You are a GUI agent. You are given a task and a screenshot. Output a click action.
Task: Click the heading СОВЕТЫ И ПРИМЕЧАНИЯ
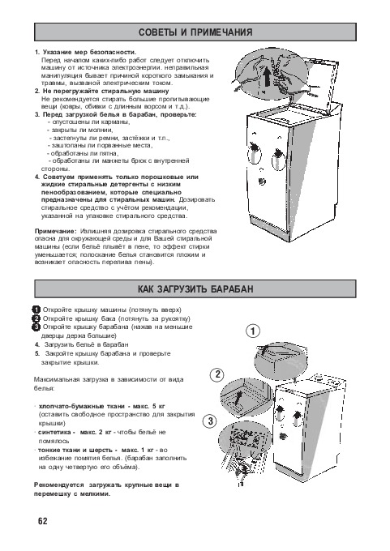pyautogui.click(x=195, y=32)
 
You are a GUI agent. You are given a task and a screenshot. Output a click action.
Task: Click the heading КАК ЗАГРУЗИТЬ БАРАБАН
pyautogui.click(x=195, y=289)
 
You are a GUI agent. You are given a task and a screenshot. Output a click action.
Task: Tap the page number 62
pyautogui.click(x=42, y=521)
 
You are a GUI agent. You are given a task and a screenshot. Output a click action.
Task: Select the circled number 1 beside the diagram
pyautogui.click(x=252, y=331)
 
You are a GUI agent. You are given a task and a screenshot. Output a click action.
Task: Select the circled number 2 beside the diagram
pyautogui.click(x=217, y=374)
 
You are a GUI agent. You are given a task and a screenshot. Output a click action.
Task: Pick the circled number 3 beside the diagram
pyautogui.click(x=210, y=421)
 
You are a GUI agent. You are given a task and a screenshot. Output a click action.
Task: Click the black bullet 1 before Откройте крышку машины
pyautogui.click(x=36, y=310)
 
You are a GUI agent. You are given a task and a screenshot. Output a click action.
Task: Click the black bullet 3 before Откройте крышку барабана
pyautogui.click(x=36, y=327)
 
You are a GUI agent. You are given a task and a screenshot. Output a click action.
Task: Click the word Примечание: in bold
pyautogui.click(x=55, y=231)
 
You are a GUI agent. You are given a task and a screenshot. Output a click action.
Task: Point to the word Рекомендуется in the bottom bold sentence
pyautogui.click(x=58, y=485)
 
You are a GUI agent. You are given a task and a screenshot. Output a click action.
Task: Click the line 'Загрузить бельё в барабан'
pyautogui.click(x=87, y=344)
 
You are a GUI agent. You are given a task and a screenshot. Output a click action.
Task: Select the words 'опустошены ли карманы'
pyautogui.click(x=91, y=122)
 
